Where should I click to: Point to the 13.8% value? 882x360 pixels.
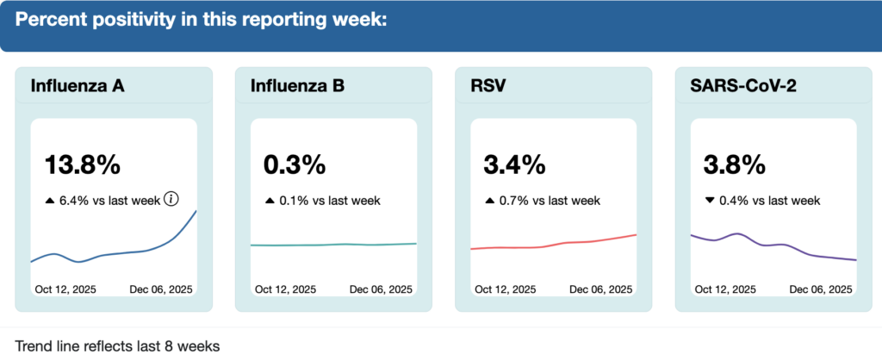[x=83, y=164]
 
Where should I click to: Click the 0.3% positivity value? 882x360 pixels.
[x=295, y=164]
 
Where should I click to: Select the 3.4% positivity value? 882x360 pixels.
[x=515, y=164]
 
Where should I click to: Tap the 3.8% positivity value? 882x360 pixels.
[x=735, y=164]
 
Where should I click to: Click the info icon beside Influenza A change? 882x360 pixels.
[x=171, y=200]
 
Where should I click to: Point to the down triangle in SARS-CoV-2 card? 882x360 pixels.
[x=710, y=201]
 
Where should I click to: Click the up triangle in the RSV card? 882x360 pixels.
[x=490, y=201]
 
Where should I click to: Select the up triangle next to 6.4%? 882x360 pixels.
[x=50, y=201]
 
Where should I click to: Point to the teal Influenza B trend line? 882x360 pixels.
[x=333, y=245]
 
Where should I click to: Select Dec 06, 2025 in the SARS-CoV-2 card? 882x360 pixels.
[x=821, y=289]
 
